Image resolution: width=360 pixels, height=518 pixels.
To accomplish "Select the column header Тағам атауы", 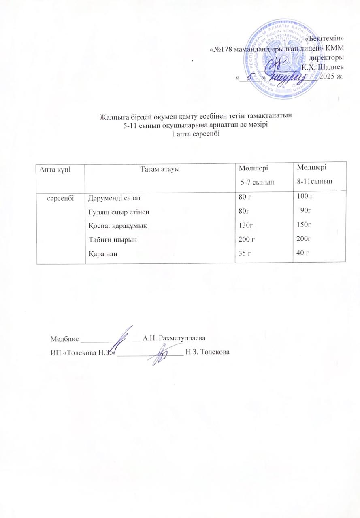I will click(160, 169).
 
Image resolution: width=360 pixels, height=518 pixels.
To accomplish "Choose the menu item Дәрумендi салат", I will click(114, 198).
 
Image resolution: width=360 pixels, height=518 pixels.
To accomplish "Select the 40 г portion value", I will click(303, 253).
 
